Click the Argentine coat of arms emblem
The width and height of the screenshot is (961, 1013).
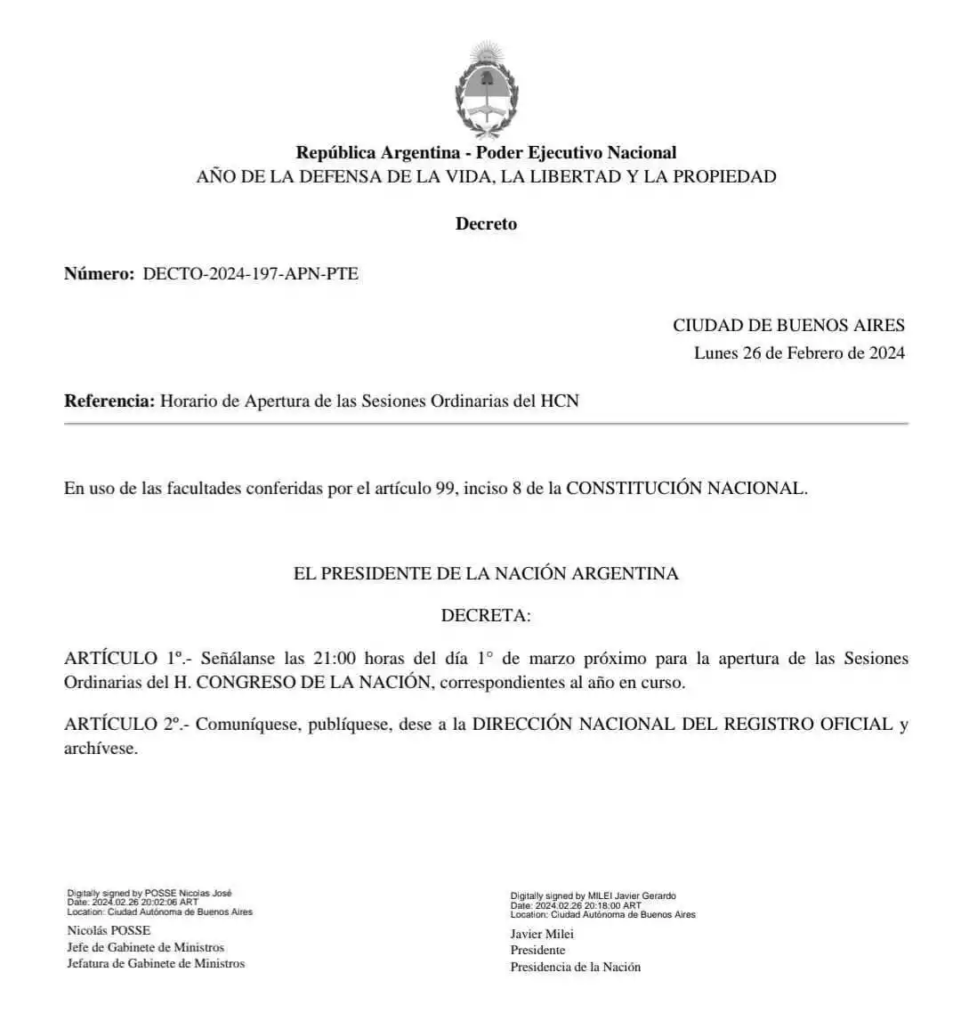[486, 89]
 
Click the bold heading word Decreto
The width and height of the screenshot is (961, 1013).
[486, 224]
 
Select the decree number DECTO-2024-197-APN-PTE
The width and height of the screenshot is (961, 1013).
[250, 274]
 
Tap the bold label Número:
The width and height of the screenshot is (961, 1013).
[99, 274]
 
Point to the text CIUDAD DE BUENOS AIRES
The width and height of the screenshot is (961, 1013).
[788, 326]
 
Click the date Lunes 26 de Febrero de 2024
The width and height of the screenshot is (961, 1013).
[799, 353]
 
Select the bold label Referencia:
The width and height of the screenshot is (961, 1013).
[109, 401]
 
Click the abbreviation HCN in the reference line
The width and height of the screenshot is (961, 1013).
[560, 401]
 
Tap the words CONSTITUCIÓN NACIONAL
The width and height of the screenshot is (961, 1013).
[686, 489]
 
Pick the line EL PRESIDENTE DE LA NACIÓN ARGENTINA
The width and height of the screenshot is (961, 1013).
[486, 574]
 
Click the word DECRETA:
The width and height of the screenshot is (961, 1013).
[486, 616]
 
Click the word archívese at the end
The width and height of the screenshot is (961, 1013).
[101, 750]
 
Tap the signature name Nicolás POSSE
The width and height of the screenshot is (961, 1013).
[109, 931]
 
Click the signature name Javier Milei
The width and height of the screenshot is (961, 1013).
[542, 935]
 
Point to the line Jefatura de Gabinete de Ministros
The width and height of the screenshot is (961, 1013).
[156, 964]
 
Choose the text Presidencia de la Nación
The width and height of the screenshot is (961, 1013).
[575, 968]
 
